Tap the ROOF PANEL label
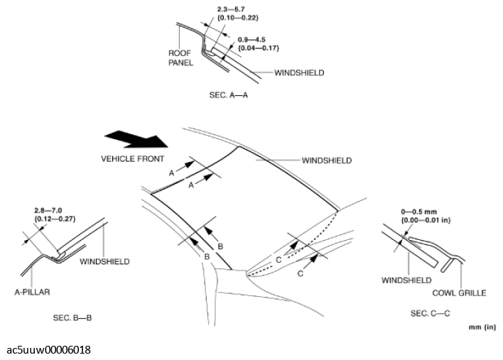(x=180, y=58)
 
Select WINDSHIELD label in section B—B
(x=104, y=261)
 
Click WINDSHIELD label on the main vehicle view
(x=326, y=160)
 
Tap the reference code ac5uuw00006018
(x=49, y=350)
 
